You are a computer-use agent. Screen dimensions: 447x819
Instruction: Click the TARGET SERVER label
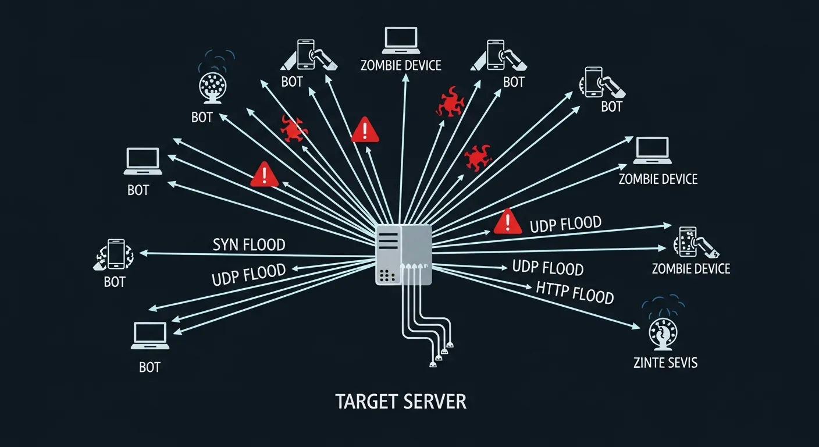[401, 402]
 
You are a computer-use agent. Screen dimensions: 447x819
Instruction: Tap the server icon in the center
[404, 254]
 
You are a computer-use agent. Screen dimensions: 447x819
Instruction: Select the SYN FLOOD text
[249, 244]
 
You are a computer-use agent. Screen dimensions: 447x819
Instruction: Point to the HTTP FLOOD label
[575, 292]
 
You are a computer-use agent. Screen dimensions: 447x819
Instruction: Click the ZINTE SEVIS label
[665, 363]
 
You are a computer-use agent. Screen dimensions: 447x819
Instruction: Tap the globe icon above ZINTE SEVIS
[664, 334]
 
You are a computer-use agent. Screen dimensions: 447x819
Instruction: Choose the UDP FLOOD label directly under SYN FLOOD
[249, 274]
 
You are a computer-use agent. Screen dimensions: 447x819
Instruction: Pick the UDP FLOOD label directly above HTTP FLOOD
[547, 268]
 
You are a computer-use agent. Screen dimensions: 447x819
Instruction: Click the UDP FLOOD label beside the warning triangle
[565, 224]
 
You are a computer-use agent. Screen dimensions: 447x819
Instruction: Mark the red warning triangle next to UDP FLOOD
[508, 222]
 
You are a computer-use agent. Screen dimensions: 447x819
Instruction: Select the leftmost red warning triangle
[265, 175]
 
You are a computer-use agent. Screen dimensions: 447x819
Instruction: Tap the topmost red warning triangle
[365, 129]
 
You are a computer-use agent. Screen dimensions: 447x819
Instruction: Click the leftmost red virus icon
[294, 129]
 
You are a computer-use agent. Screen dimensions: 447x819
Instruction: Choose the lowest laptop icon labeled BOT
[150, 336]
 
